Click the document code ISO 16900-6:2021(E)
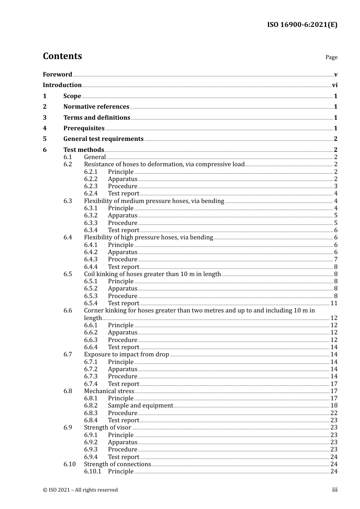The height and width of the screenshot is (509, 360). click(x=302, y=25)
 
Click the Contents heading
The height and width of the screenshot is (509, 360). click(x=62, y=56)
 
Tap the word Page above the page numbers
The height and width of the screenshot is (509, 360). click(x=331, y=57)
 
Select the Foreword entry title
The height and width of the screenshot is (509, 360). click(x=57, y=75)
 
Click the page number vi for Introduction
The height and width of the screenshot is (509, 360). click(x=335, y=85)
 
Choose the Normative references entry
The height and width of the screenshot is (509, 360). click(x=96, y=107)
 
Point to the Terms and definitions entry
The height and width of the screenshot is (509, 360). click(x=97, y=118)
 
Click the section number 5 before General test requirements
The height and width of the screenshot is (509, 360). click(x=45, y=139)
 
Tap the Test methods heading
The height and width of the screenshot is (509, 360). click(x=83, y=150)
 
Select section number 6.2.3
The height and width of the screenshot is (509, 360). click(x=91, y=186)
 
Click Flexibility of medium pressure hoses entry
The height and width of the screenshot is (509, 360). click(x=154, y=201)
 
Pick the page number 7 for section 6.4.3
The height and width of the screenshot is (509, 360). click(x=336, y=259)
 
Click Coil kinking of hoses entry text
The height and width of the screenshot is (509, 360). click(x=152, y=274)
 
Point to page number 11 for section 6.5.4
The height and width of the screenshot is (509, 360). click(x=334, y=303)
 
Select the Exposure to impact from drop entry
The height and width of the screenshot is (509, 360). click(x=126, y=354)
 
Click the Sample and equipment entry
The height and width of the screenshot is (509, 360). click(x=140, y=406)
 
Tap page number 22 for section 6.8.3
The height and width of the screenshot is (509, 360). click(x=334, y=413)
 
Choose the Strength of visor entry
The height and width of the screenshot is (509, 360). click(x=108, y=428)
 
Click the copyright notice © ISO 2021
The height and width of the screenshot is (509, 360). click(x=80, y=490)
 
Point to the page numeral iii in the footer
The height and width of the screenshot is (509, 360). click(x=335, y=490)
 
